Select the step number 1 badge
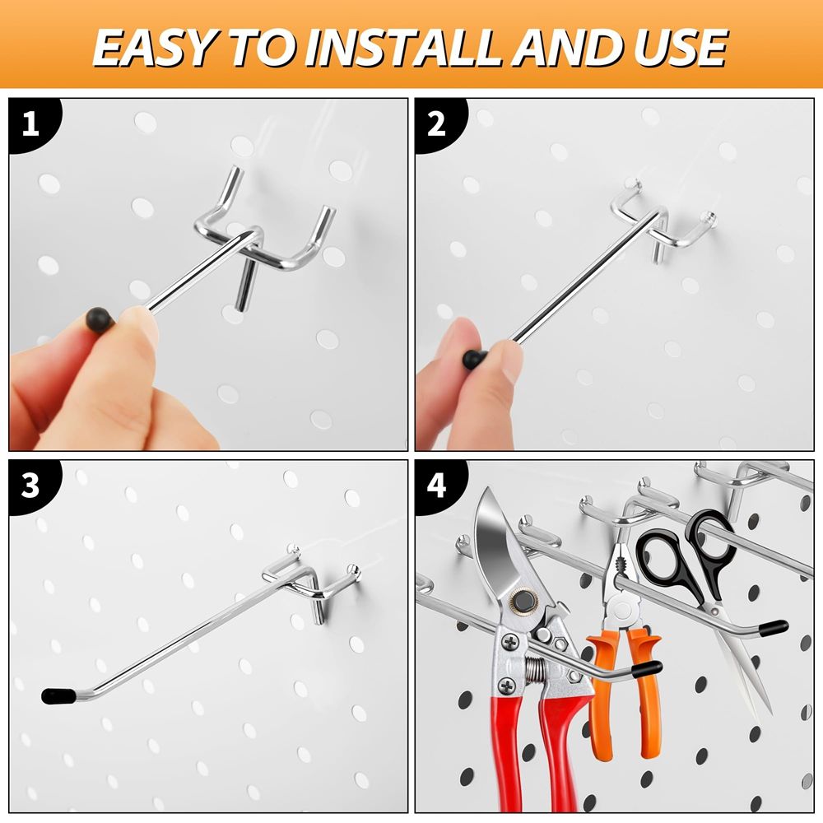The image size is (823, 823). (30, 124)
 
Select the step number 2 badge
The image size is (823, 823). (436, 124)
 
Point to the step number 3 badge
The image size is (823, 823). (30, 486)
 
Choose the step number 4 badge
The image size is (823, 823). (436, 486)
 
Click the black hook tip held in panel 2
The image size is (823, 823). (474, 359)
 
